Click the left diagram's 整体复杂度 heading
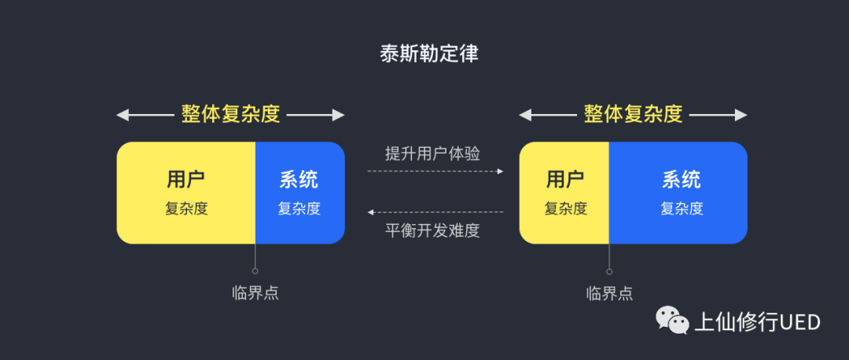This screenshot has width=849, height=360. [x=230, y=115]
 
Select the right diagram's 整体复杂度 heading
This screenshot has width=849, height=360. [x=633, y=115]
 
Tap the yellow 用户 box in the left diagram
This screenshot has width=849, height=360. [x=186, y=193]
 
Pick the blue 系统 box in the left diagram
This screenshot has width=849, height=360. [x=300, y=193]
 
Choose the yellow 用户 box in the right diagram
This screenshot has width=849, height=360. [x=564, y=193]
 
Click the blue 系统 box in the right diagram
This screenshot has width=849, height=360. [x=678, y=193]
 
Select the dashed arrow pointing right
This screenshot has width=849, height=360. [x=435, y=171]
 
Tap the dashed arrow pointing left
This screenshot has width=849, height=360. [x=435, y=212]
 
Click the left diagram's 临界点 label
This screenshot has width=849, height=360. [x=255, y=293]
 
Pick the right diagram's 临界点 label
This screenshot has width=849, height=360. [x=609, y=293]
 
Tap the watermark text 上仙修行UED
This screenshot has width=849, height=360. [x=757, y=322]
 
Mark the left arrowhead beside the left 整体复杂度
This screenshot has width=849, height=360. [x=123, y=116]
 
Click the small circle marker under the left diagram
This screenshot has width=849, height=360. [x=255, y=271]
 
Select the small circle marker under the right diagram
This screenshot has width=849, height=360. [x=609, y=271]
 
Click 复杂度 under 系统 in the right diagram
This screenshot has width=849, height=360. [x=681, y=209]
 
